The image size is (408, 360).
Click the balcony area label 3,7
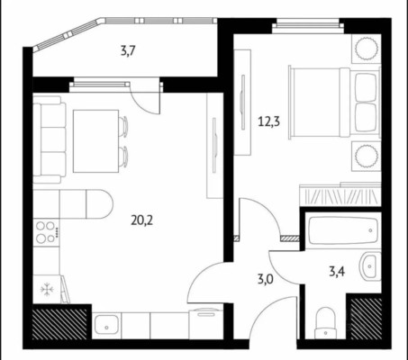pos(128,51)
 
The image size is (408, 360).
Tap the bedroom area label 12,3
pos(268,121)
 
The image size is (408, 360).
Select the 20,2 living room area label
pos(141,220)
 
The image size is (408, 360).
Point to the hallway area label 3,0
pos(265,279)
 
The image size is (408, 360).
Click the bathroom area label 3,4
pos(336,272)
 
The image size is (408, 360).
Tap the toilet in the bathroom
pos(326,322)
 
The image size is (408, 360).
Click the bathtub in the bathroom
pos(343,230)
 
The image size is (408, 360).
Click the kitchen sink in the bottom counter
pos(106,326)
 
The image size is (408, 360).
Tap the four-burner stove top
pos(46,232)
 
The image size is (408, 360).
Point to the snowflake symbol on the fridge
pos(47,290)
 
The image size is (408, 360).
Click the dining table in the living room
pos(96,141)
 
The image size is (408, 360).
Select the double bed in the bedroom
pos(334,103)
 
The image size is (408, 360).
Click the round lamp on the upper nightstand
pos(367,48)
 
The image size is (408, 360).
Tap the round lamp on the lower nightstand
pos(367,156)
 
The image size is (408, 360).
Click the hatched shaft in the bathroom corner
pos(366,319)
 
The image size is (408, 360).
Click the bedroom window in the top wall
pos(308,26)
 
